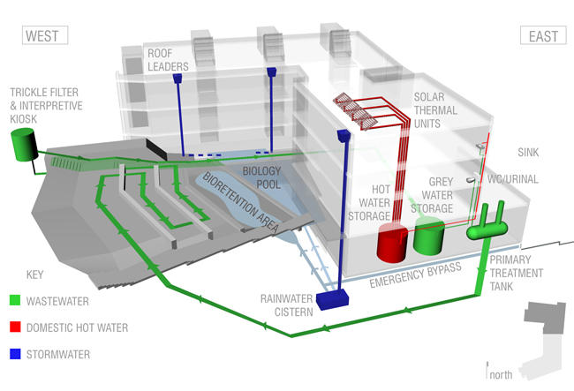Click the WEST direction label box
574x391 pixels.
coord(44,36)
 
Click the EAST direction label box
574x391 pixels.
coord(542,36)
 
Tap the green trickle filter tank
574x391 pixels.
coord(22,144)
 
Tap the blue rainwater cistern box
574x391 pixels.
coord(335,300)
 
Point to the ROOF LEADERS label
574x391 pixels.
coord(168,57)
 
